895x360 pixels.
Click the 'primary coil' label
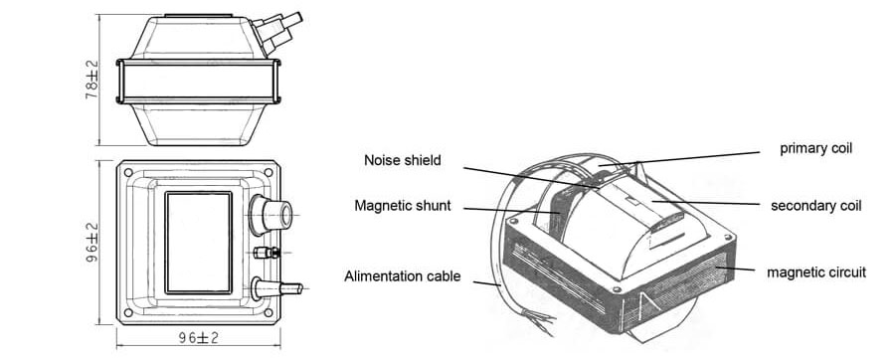pos(815,148)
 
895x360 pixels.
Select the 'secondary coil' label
pos(815,206)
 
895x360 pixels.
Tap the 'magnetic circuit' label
pos(816,272)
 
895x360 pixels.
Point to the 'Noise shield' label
pos(403,160)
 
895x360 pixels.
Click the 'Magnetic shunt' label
pos(403,206)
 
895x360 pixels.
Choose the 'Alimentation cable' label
pos(402,276)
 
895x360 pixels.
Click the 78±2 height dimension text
pos(91,80)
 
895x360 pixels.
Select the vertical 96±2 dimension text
pos(91,243)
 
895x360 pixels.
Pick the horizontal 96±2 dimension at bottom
pos(198,338)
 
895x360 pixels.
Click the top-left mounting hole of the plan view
pos(128,172)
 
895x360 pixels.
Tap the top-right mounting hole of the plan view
pos(268,172)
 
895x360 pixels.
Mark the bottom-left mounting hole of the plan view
pos(128,312)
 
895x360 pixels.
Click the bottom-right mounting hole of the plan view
pos(268,312)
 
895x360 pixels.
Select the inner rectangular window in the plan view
pos(199,243)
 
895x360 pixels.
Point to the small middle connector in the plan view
pos(267,253)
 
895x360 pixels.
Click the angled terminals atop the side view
pos(276,32)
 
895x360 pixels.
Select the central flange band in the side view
pos(198,82)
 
